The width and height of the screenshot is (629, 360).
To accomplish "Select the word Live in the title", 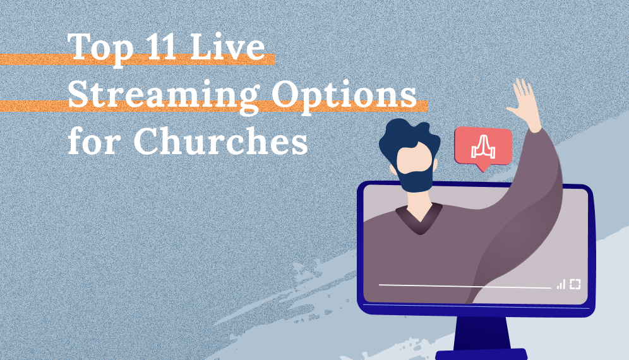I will pos(236,48).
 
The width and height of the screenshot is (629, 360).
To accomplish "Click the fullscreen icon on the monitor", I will pos(575,284).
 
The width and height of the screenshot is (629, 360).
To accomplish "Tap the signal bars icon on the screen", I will pos(561,285).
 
